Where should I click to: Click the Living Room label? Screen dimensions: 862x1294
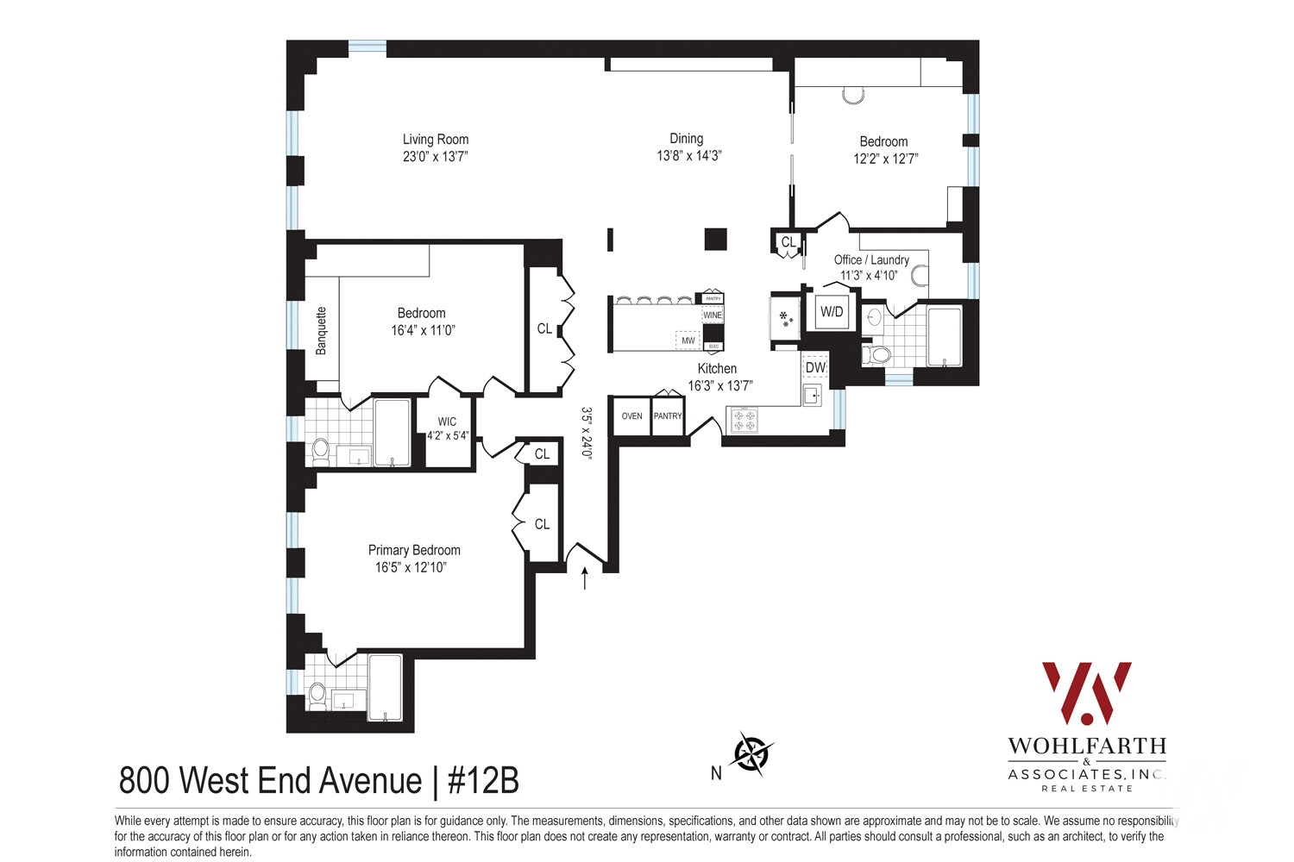[436, 139]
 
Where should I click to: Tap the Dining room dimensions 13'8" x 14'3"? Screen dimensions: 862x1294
[688, 156]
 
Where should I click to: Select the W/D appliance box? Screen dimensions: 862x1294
[832, 312]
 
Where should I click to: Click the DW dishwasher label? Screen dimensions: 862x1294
[815, 367]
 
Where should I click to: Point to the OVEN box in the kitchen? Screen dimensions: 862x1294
[631, 416]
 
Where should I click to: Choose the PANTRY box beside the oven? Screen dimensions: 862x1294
[668, 416]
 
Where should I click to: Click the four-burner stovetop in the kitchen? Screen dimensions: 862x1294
[744, 421]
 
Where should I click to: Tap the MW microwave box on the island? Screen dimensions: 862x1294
[688, 340]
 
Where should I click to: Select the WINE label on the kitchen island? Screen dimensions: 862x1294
[713, 315]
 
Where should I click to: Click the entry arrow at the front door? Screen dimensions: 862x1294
[586, 578]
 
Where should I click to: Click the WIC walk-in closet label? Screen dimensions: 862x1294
[447, 422]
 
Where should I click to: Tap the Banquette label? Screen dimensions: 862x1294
[322, 331]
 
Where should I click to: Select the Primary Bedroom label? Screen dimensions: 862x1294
[414, 550]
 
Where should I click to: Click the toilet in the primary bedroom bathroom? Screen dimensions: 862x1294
[317, 695]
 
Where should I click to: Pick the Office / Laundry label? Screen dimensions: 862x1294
[871, 259]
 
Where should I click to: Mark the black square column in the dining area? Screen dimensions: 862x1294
[715, 239]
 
